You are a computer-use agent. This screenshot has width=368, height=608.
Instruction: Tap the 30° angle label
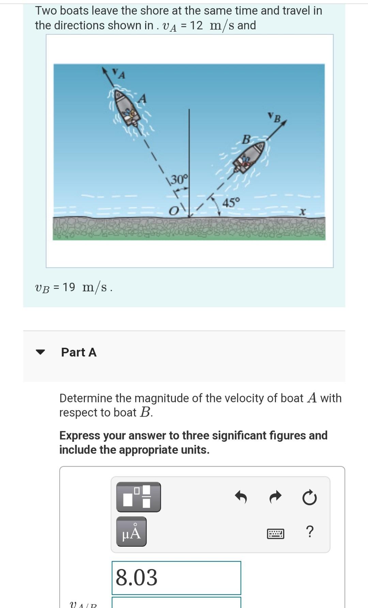pyautogui.click(x=178, y=179)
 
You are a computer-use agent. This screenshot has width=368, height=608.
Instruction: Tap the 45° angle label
pyautogui.click(x=231, y=203)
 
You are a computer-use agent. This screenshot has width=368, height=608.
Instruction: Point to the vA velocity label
pyautogui.click(x=119, y=73)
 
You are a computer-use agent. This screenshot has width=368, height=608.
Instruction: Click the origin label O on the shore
pyautogui.click(x=174, y=211)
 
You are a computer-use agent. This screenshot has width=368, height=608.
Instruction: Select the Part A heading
pyautogui.click(x=79, y=352)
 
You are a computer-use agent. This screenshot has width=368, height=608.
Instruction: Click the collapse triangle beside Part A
pyautogui.click(x=41, y=352)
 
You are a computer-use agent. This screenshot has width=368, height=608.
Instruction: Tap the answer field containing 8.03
pyautogui.click(x=176, y=578)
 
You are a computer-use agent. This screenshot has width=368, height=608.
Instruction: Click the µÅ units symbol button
pyautogui.click(x=132, y=532)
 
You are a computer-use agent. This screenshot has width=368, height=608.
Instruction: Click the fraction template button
pyautogui.click(x=138, y=497)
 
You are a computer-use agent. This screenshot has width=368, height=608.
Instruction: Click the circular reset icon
pyautogui.click(x=309, y=498)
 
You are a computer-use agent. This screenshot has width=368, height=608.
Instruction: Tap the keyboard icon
pyautogui.click(x=275, y=533)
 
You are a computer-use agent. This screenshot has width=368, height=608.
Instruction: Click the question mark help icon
pyautogui.click(x=309, y=531)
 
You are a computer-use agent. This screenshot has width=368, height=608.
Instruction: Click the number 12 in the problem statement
pyautogui.click(x=196, y=25)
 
